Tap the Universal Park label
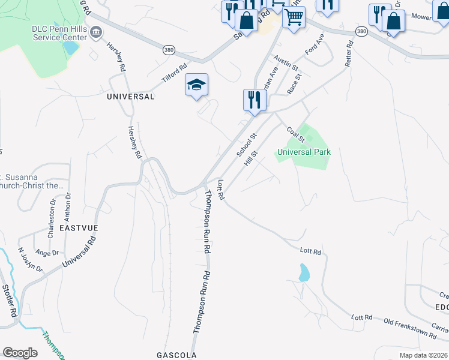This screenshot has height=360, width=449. (x=304, y=152)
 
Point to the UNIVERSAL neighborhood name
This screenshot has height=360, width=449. (x=130, y=96)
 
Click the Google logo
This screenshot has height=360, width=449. (x=20, y=353)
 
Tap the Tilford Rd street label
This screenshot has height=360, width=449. (x=175, y=74)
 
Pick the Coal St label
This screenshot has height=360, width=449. (x=296, y=134)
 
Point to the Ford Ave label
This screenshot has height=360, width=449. (x=315, y=45)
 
